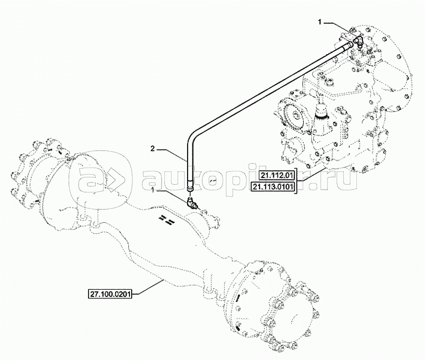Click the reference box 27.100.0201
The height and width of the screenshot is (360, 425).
(110, 294)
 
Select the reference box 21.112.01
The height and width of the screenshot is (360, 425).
(277, 176)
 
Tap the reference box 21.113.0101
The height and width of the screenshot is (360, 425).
(273, 187)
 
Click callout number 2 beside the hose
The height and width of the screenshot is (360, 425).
(153, 148)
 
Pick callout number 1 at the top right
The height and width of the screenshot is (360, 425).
(320, 23)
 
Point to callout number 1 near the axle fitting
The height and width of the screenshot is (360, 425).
(153, 191)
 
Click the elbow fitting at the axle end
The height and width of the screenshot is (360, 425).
(191, 203)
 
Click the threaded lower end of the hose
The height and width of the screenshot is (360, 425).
(190, 187)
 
